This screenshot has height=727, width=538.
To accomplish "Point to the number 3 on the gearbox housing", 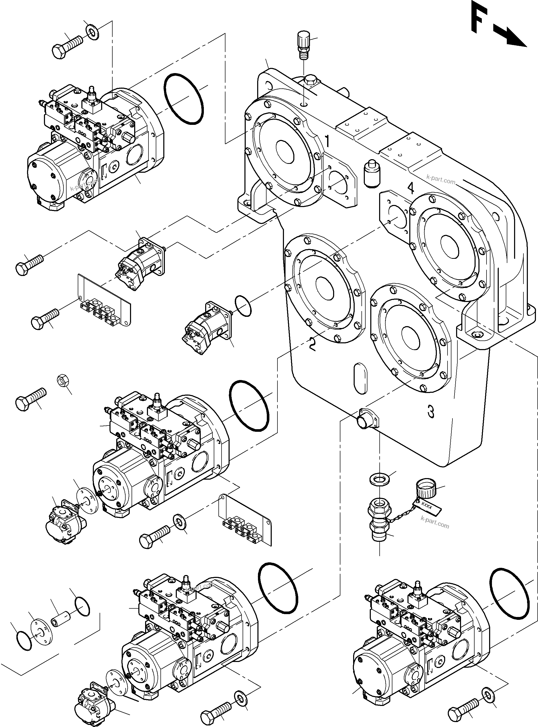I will point(431,411).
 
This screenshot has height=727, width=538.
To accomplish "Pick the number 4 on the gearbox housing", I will point(411,188).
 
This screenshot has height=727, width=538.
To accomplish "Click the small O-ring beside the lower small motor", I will point(243,306).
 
